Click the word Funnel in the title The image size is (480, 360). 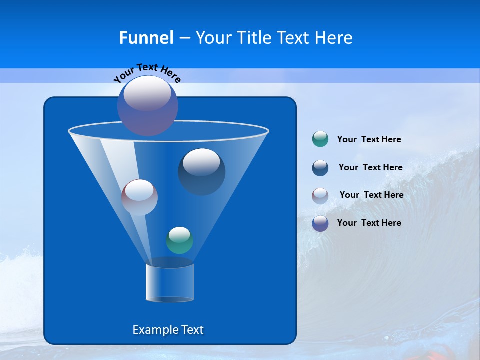[146, 38]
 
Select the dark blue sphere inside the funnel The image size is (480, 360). [202, 172]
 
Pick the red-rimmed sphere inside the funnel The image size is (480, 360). [139, 198]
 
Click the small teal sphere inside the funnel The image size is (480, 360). [179, 240]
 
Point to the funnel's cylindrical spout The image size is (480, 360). [170, 283]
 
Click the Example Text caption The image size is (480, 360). [168, 330]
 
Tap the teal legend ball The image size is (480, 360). [320, 139]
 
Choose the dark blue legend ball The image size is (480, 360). [320, 167]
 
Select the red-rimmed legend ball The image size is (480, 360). [320, 195]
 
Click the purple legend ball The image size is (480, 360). [320, 223]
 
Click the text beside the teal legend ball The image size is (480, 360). [369, 140]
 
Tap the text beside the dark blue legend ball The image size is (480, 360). [370, 167]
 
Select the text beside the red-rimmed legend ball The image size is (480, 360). [371, 195]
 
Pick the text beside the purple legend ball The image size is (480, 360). [369, 223]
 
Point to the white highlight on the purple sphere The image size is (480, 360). [147, 93]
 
